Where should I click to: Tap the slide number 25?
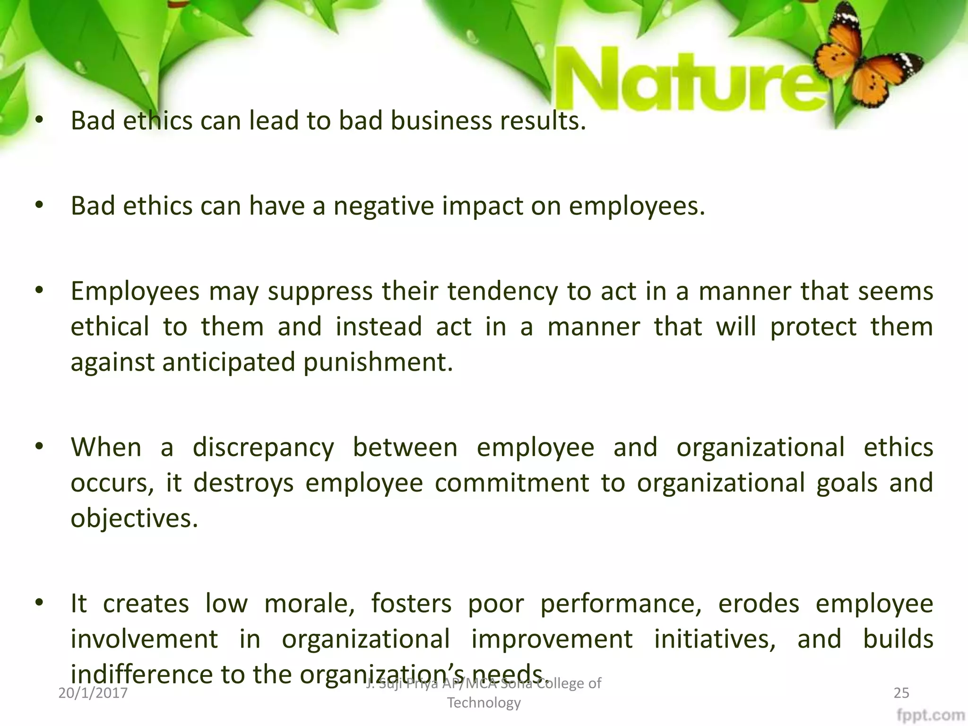tap(901, 693)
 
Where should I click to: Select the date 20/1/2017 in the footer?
tap(93, 693)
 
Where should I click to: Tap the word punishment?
tap(378, 363)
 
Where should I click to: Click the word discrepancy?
tap(263, 448)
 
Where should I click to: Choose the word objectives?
tap(134, 519)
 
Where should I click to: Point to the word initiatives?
tap(715, 639)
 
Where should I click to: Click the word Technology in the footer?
tap(484, 703)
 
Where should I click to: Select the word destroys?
tap(243, 483)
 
